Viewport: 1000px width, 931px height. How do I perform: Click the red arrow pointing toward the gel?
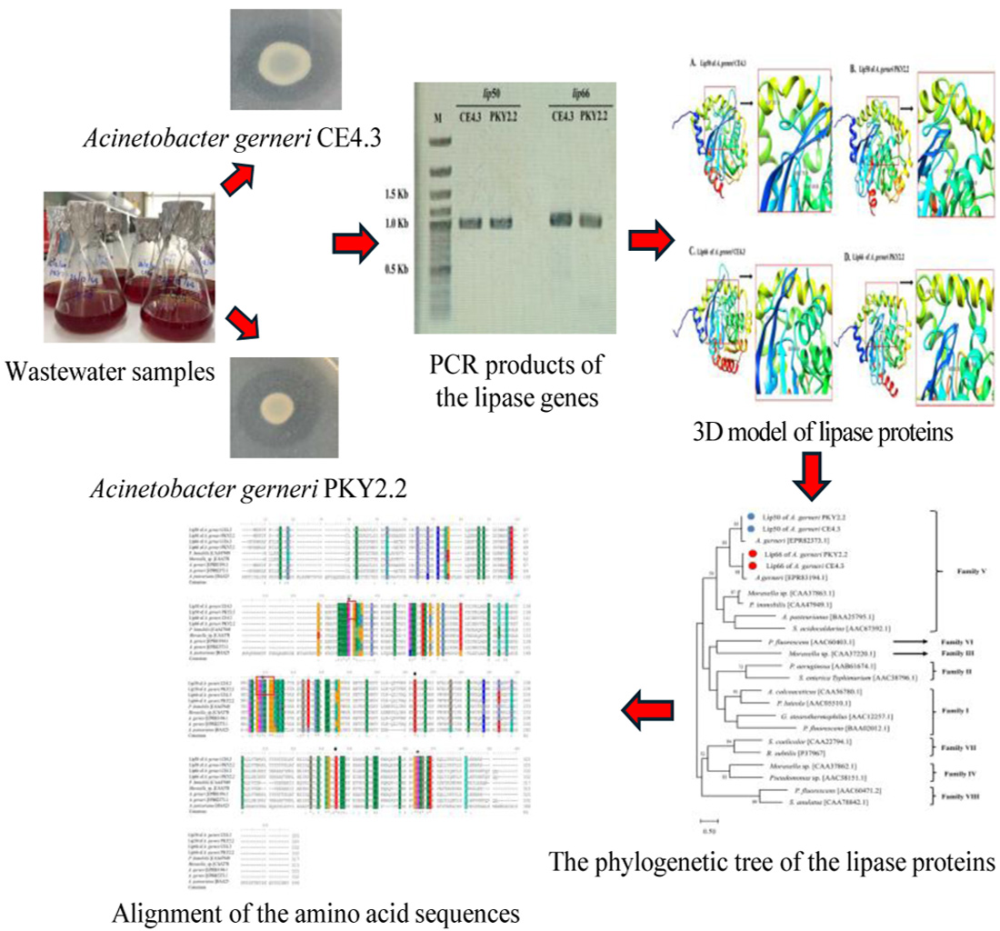354,244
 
